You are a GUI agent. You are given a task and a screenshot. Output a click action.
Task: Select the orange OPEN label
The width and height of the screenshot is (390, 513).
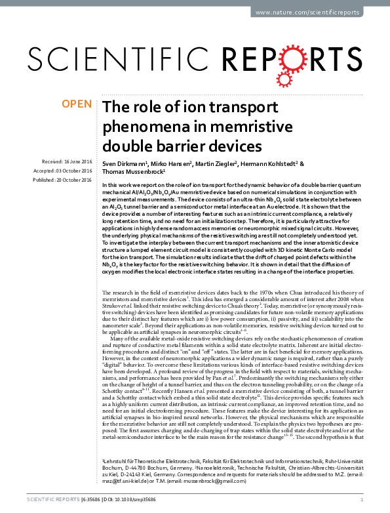[x=77, y=104]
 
